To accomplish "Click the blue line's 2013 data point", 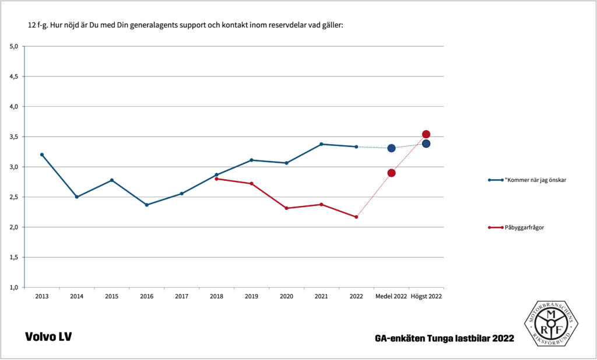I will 42,155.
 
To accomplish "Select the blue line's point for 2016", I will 146,205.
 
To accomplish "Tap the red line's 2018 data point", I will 216,179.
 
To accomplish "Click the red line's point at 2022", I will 356,217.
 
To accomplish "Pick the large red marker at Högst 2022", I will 426,134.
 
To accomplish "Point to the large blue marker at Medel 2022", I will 391,148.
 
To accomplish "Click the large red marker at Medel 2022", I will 391,173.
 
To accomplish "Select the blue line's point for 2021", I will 321,144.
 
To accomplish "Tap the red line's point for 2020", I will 286,208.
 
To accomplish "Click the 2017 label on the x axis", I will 181,296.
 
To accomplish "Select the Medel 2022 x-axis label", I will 391,296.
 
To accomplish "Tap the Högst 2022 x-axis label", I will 426,296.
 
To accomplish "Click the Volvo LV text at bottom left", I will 48,337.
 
